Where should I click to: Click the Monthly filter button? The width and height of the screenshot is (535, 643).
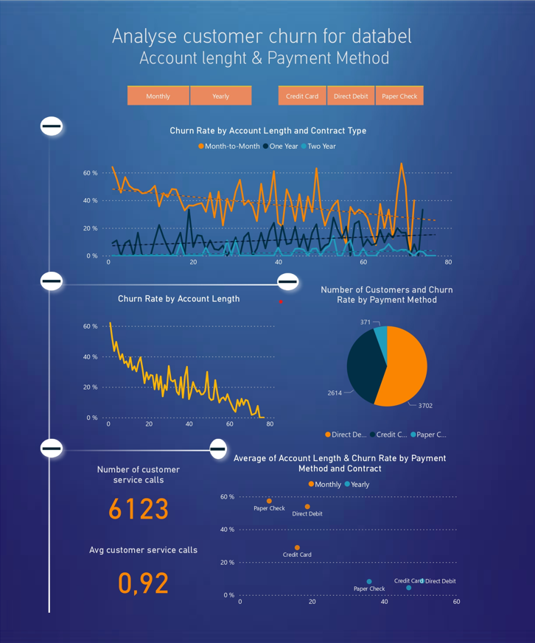[158, 96]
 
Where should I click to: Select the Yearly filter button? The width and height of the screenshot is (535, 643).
[220, 96]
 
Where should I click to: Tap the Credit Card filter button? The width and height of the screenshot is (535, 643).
[302, 96]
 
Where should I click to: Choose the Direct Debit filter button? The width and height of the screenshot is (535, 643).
[351, 96]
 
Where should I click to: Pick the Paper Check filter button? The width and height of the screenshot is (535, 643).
[399, 96]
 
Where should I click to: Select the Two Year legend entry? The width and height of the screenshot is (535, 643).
[321, 147]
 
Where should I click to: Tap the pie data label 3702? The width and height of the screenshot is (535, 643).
[425, 405]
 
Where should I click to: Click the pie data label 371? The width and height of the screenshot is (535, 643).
[366, 322]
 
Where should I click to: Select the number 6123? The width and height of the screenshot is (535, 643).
[139, 510]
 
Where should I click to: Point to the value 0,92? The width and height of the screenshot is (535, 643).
[144, 583]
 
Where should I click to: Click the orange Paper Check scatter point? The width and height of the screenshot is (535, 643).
[269, 501]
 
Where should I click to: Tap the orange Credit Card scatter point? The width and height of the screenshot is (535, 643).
[297, 548]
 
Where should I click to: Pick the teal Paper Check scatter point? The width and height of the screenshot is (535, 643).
[369, 582]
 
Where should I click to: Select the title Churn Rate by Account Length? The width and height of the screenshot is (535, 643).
[178, 298]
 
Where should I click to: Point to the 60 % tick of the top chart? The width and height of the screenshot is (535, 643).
[90, 173]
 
